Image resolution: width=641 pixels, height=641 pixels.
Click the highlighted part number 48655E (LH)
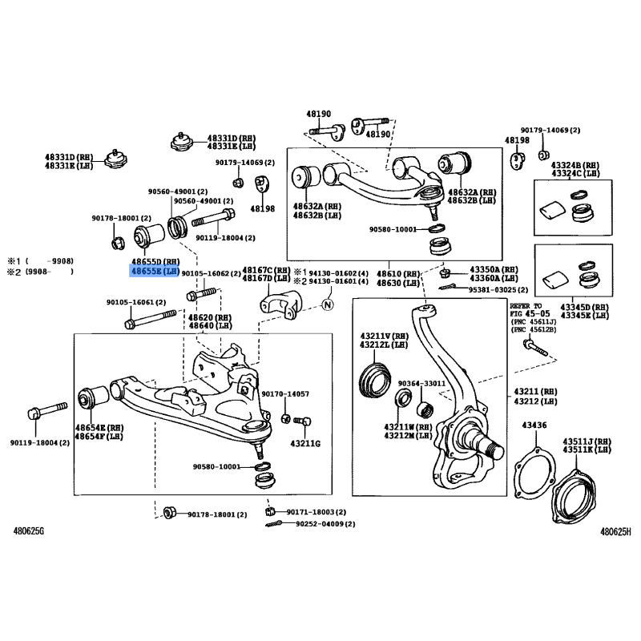155,272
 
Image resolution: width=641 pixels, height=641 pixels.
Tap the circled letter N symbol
327,304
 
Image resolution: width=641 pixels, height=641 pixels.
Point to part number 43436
534,425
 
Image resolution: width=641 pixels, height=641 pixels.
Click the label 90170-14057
284,394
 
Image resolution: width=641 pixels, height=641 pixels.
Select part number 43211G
305,443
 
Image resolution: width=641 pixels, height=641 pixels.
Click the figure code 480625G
29,530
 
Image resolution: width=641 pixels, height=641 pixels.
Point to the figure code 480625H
616,530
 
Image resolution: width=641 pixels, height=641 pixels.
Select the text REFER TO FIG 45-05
526,310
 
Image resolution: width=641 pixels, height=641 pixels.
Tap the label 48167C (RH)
266,270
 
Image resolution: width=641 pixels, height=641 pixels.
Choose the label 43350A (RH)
494,269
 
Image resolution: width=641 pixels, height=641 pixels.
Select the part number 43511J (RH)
586,441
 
